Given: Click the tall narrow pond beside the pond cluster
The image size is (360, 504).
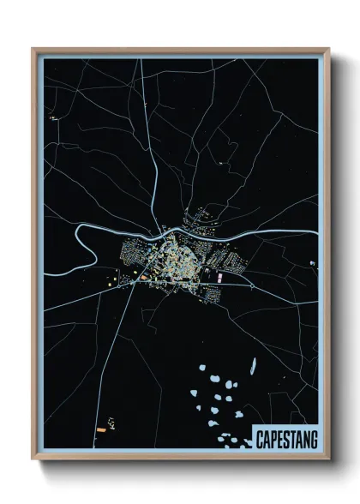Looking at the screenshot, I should click(x=254, y=365).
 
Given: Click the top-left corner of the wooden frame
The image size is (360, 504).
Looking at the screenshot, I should click(x=33, y=49).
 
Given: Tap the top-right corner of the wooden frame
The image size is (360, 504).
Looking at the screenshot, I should click(x=329, y=49).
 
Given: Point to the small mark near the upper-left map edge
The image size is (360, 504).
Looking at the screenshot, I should click(x=53, y=116).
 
